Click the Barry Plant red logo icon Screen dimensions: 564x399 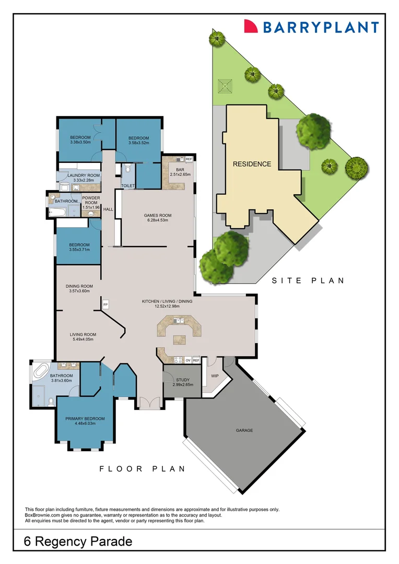252,26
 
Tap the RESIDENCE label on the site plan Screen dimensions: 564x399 252,163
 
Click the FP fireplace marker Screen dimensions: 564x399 105,304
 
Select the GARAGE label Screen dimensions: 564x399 244,430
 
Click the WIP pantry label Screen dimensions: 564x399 215,375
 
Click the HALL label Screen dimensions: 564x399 108,209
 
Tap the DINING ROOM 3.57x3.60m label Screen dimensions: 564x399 79,288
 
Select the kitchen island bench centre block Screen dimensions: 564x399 180,339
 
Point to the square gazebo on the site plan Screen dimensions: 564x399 225,86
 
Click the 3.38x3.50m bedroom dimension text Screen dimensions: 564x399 80,142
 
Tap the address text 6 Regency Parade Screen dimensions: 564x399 78,542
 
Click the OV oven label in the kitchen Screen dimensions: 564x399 187,360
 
